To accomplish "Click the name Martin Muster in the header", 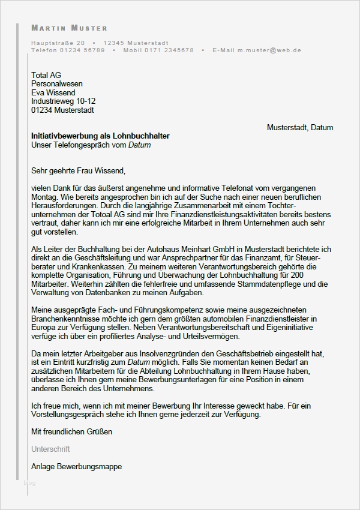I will (x=69, y=28).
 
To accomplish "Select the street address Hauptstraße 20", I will (x=58, y=43).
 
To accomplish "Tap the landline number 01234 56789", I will (x=83, y=50).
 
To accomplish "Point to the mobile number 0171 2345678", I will (x=170, y=50).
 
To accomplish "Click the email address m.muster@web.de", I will (x=273, y=50).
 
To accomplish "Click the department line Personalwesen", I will (x=57, y=84).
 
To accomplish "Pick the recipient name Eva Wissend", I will (x=53, y=93).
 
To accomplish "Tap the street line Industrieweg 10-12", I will (x=63, y=101).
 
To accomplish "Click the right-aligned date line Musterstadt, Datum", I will (x=299, y=128).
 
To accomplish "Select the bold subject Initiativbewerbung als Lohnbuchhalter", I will (x=100, y=136).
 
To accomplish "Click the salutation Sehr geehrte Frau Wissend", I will (x=79, y=170).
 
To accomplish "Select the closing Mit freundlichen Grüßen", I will (x=71, y=431).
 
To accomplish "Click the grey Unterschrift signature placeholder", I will (x=50, y=449).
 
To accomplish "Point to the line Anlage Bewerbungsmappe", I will (x=76, y=466).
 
